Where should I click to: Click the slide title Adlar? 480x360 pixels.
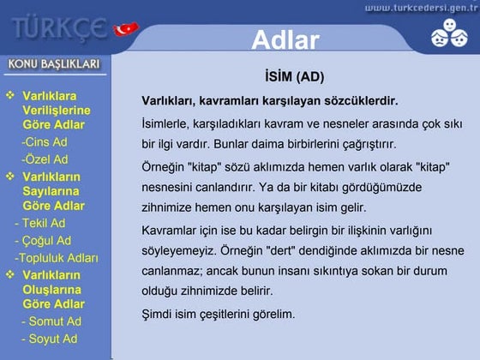click(285, 40)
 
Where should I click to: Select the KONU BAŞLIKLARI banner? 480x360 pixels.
click(55, 64)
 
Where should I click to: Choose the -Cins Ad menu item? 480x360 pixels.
click(45, 141)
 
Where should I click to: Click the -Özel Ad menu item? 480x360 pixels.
click(45, 159)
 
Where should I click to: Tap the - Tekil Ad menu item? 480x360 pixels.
click(39, 223)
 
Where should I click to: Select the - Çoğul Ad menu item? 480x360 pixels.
click(42, 241)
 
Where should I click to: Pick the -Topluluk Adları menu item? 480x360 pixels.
click(56, 258)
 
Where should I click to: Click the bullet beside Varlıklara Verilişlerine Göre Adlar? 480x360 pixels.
click(10, 95)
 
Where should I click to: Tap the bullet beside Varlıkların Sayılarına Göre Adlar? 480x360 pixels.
click(10, 176)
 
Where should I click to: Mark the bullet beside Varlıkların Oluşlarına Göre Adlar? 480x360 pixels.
click(10, 275)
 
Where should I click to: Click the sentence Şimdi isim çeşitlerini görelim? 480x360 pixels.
click(218, 315)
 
